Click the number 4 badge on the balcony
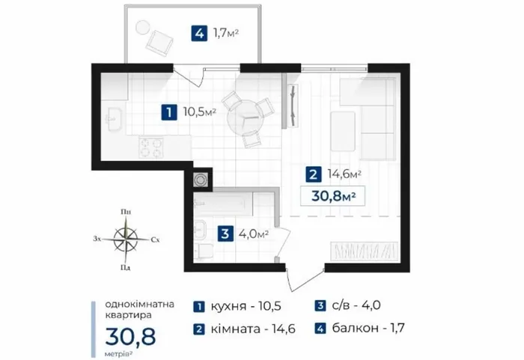199,34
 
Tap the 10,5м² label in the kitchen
200,112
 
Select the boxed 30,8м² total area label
333,196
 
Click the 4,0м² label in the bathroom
254,234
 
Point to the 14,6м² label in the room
344,174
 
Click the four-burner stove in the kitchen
150,147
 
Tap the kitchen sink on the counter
113,119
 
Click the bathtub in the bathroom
223,204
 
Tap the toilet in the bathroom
204,251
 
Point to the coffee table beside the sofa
343,132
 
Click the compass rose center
126,240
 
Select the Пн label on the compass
126,212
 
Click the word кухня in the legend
228,306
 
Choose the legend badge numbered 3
320,305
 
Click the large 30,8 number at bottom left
131,336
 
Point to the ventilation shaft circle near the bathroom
200,180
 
